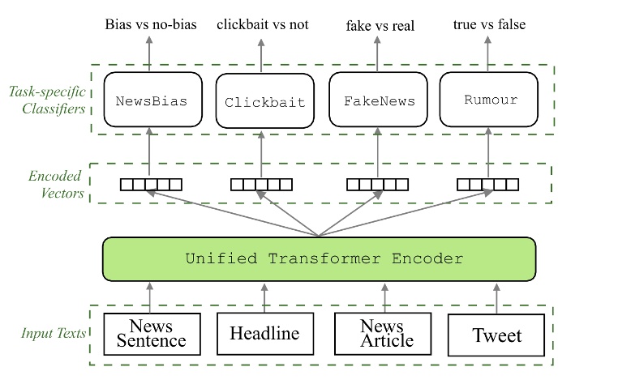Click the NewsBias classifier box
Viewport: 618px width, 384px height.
click(152, 101)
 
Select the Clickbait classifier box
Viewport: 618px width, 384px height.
click(264, 102)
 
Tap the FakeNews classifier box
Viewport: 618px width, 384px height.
click(379, 101)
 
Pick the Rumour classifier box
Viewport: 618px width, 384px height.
click(490, 100)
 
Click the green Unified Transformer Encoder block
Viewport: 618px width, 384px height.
click(319, 259)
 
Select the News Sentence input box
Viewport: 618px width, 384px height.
click(152, 333)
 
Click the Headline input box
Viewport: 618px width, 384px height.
click(264, 333)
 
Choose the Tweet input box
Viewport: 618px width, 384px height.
click(497, 334)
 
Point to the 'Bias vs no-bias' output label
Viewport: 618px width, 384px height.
click(149, 24)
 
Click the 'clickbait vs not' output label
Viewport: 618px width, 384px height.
click(262, 24)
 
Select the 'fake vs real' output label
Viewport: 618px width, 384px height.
click(380, 26)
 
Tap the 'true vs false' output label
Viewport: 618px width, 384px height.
click(489, 24)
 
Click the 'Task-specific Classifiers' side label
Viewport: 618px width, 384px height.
click(45, 99)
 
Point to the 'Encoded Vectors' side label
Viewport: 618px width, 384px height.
click(55, 183)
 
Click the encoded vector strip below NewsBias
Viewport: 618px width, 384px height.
click(151, 184)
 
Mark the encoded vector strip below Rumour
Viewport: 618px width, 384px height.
click(487, 184)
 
